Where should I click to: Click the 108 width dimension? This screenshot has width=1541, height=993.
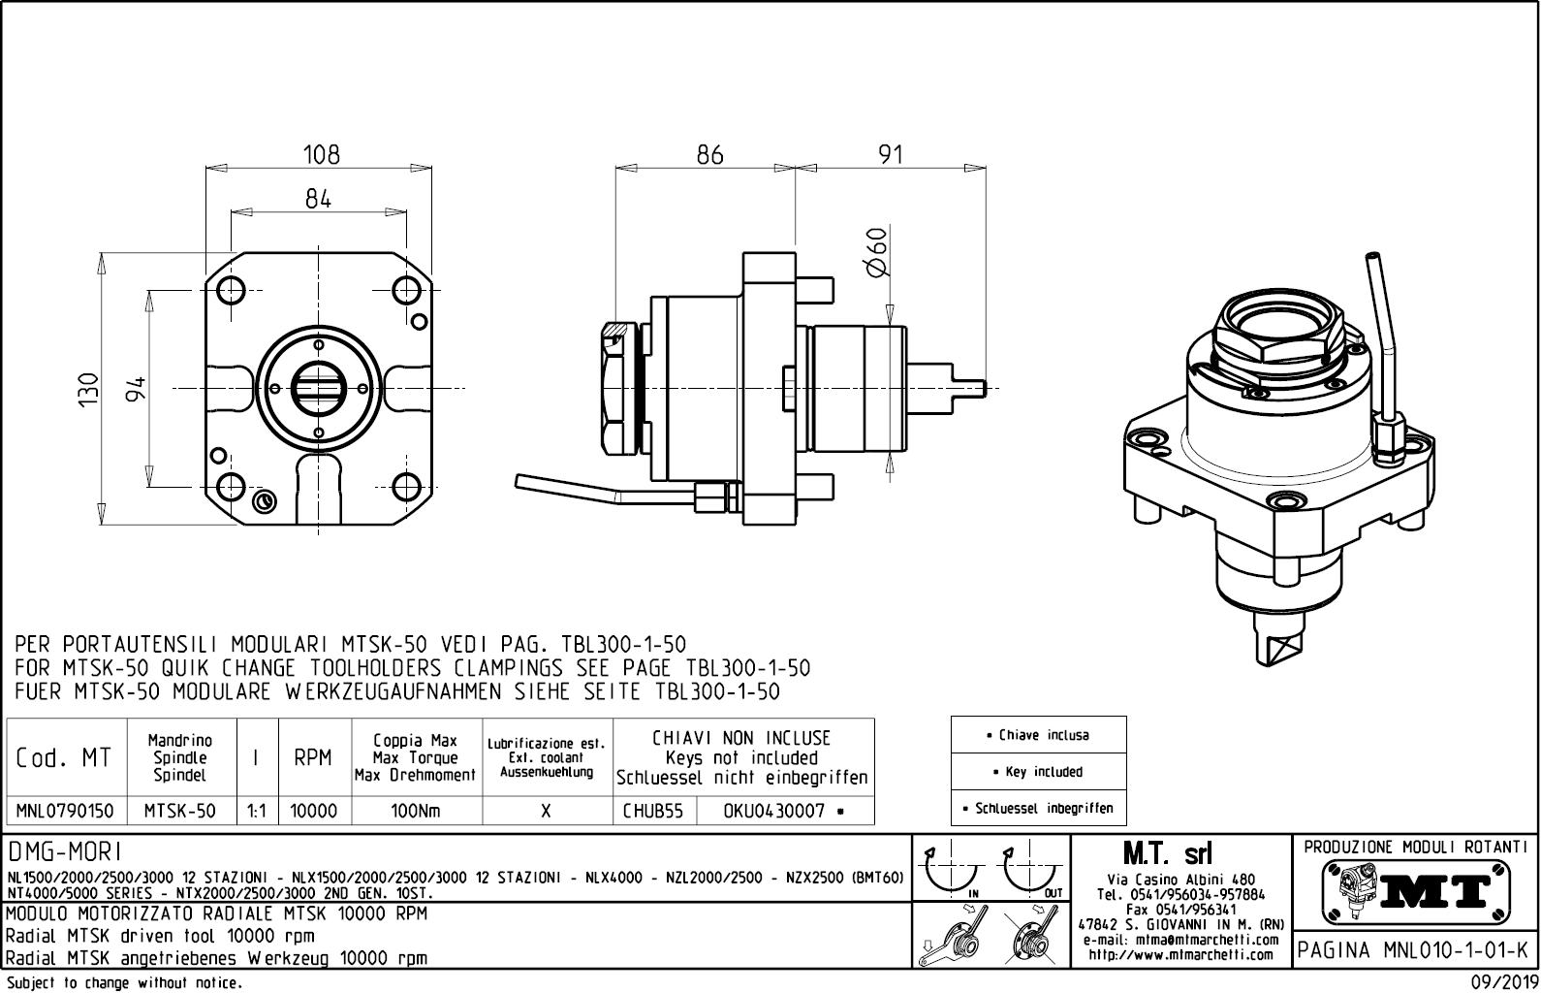click(321, 154)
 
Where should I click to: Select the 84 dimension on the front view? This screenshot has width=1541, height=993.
click(318, 199)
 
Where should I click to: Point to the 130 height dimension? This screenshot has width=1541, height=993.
click(89, 389)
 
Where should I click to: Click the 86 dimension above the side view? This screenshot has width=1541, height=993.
click(709, 154)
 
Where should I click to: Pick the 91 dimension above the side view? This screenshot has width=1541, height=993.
click(890, 154)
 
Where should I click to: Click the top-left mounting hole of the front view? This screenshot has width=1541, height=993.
click(232, 289)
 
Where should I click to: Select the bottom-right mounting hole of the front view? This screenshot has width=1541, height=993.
click(406, 486)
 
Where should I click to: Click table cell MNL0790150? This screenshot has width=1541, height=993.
click(66, 811)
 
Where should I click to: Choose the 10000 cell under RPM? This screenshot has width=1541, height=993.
click(314, 811)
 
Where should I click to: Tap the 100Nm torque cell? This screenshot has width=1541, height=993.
click(416, 811)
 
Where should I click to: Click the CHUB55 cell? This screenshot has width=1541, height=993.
click(652, 811)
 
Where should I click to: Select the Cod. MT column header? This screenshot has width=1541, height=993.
click(64, 757)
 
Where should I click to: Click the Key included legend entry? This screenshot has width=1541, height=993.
click(1038, 772)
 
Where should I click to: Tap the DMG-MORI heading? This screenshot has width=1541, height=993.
click(65, 852)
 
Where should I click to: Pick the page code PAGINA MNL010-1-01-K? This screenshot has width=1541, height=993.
click(1416, 950)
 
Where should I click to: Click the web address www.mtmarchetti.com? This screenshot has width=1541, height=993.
click(1180, 955)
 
